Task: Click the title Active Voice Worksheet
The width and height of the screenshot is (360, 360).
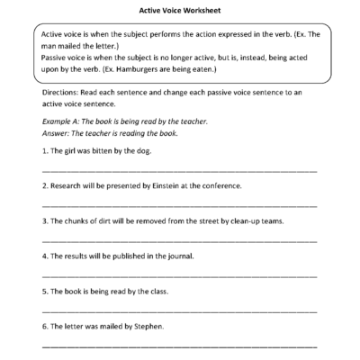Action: [x=179, y=12]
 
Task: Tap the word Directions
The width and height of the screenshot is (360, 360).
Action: [x=61, y=92]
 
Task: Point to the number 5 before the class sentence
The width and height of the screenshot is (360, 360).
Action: [x=45, y=291]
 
